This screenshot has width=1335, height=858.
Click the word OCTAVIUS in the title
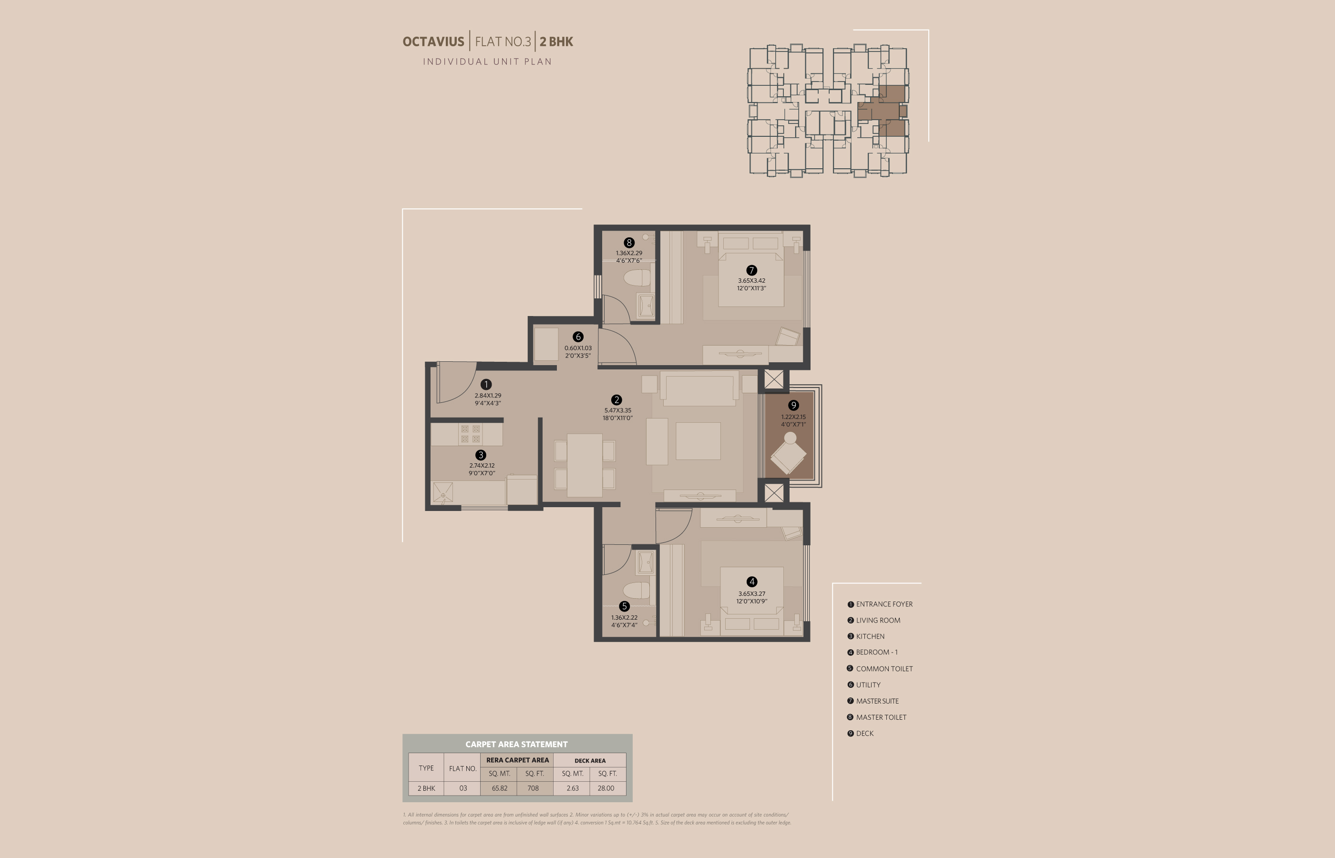pyautogui.click(x=433, y=42)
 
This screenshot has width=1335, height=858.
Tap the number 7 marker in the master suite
pyautogui.click(x=751, y=270)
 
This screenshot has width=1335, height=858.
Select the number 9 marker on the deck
pyautogui.click(x=793, y=405)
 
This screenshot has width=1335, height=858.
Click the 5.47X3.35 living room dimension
pyautogui.click(x=617, y=410)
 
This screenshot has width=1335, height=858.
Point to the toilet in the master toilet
pyautogui.click(x=637, y=277)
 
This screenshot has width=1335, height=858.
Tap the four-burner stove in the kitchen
pyautogui.click(x=470, y=434)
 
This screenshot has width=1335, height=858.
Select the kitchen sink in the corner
pyautogui.click(x=443, y=492)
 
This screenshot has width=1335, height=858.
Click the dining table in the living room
pyautogui.click(x=585, y=465)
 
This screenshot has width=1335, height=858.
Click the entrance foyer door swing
pyautogui.click(x=456, y=382)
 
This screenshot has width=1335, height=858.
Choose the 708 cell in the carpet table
pyautogui.click(x=533, y=788)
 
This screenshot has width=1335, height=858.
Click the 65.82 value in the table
pyautogui.click(x=499, y=788)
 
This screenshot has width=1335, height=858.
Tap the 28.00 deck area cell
pyautogui.click(x=606, y=788)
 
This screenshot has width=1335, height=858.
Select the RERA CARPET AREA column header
pyautogui.click(x=517, y=760)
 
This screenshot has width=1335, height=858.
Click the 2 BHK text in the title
pyautogui.click(x=556, y=42)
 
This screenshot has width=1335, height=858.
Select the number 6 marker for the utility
pyautogui.click(x=578, y=337)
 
